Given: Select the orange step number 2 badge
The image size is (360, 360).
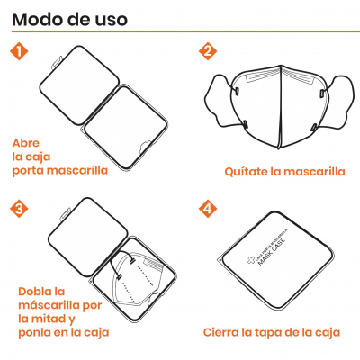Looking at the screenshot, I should (207, 51).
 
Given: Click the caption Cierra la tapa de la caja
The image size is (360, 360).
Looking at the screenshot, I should (272, 331).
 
